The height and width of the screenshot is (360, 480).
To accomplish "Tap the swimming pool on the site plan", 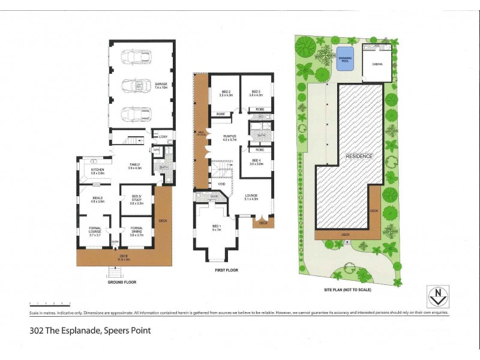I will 344,59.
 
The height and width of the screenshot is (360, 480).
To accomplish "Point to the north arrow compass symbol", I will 439,296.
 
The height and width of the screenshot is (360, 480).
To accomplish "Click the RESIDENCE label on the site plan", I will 359,156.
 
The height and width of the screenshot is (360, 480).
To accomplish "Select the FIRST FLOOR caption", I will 226,271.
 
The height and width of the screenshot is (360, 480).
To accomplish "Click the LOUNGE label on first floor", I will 250,196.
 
